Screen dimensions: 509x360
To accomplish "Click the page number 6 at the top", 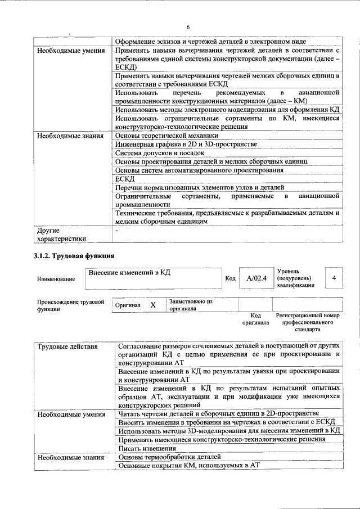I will pos(188,26).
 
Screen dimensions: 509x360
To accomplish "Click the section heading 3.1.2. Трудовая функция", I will pos(74,256).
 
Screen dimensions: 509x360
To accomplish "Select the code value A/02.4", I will pos(253,278).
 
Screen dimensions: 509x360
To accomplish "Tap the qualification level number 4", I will pos(334,278).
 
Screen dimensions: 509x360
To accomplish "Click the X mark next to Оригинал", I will pos(152,305).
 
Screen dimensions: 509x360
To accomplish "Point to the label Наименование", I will pos(56,279).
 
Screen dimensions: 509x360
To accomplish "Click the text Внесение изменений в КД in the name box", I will pos(129,272).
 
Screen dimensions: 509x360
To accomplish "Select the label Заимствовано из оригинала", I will pos(190,305).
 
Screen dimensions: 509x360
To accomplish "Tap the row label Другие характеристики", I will pos(61,234).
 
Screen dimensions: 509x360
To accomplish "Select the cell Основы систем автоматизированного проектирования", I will pos(199,170).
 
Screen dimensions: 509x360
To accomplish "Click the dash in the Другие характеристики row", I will pos(116,229).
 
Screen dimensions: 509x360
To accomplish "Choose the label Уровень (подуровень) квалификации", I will pos(296,278).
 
